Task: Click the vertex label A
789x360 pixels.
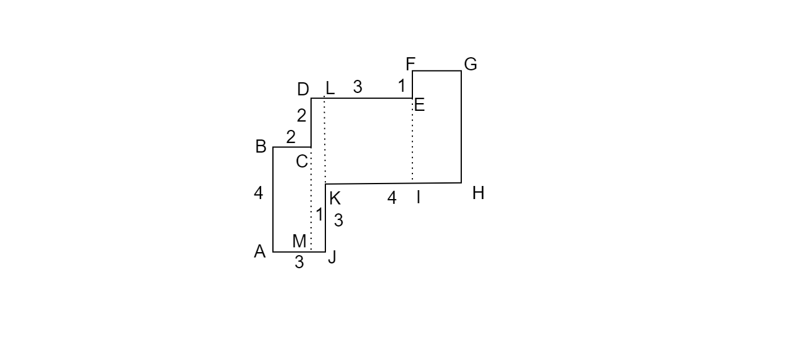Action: pyautogui.click(x=260, y=252)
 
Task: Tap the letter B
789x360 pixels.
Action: pyautogui.click(x=260, y=147)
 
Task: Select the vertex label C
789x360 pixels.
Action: pyautogui.click(x=302, y=162)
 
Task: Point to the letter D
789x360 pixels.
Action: pyautogui.click(x=303, y=89)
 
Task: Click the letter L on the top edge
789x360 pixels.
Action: pyautogui.click(x=330, y=88)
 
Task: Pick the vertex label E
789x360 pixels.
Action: pyautogui.click(x=420, y=105)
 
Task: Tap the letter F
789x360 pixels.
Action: pyautogui.click(x=411, y=64)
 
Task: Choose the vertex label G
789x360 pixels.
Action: pyautogui.click(x=471, y=64)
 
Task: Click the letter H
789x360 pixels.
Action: pyautogui.click(x=478, y=193)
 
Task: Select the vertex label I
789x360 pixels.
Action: pyautogui.click(x=418, y=197)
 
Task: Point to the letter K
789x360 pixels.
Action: pyautogui.click(x=335, y=198)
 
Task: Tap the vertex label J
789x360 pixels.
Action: pyautogui.click(x=332, y=257)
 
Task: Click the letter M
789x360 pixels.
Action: pyautogui.click(x=299, y=241)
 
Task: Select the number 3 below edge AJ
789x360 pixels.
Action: pyautogui.click(x=299, y=262)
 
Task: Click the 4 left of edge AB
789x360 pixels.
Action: pyautogui.click(x=258, y=193)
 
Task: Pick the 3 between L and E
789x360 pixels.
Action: pyautogui.click(x=358, y=86)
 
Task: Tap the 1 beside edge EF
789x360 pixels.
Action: pyautogui.click(x=402, y=86)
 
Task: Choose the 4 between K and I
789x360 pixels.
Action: pyautogui.click(x=392, y=198)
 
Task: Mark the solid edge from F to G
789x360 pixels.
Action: pyautogui.click(x=437, y=71)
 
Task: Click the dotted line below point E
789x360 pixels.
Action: pyautogui.click(x=412, y=140)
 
